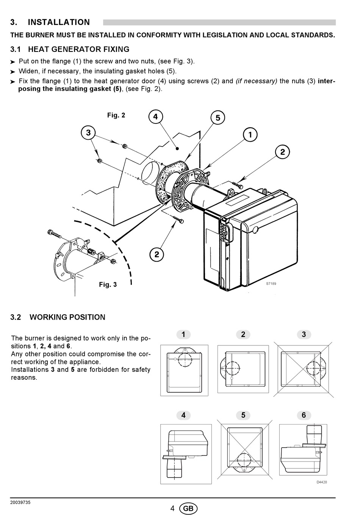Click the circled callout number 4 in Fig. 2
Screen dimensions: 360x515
(155, 117)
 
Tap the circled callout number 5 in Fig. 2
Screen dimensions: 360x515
(218, 118)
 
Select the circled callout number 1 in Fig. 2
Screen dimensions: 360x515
(250, 134)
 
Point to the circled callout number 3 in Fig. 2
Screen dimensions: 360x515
(88, 133)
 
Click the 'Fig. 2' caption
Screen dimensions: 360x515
(116, 115)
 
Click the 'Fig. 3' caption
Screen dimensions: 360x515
(108, 285)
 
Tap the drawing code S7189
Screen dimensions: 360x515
(271, 284)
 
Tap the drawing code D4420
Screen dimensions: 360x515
(322, 482)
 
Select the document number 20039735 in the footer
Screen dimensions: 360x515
(20, 503)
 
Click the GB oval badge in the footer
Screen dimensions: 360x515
(188, 508)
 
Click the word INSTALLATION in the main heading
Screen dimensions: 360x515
(59, 22)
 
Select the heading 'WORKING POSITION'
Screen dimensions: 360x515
(67, 317)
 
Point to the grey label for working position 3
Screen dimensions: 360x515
(304, 334)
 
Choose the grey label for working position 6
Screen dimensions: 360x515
(304, 415)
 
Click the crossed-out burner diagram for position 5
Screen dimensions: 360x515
(244, 450)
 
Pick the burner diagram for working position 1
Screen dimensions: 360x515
(184, 370)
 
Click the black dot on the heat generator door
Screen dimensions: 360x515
(177, 148)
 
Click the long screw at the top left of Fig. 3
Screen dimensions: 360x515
(55, 234)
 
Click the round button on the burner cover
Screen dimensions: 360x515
(255, 229)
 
